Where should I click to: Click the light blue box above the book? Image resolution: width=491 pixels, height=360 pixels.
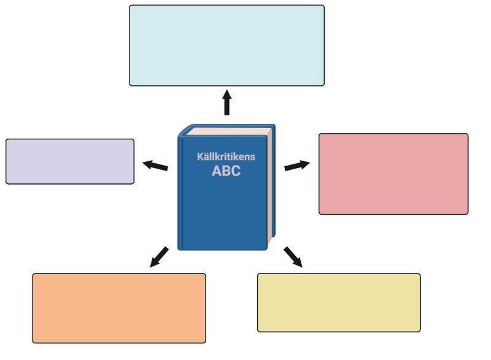(226, 45)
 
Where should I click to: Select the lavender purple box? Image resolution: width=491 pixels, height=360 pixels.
(70, 161)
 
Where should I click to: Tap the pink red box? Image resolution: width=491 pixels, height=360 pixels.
(393, 174)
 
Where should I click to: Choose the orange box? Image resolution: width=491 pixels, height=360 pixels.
(119, 308)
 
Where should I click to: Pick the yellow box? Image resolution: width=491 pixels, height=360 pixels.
(339, 302)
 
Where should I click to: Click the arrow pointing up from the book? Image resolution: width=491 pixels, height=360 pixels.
(226, 103)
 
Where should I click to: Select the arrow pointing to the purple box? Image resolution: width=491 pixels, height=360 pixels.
(155, 165)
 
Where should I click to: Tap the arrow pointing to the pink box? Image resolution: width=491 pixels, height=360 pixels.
(297, 165)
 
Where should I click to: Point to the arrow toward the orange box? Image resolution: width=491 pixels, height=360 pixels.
(159, 256)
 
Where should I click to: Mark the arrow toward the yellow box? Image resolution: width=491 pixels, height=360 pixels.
(293, 257)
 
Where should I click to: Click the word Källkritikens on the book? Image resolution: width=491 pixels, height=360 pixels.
(226, 157)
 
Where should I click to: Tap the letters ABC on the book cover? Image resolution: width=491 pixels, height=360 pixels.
(226, 171)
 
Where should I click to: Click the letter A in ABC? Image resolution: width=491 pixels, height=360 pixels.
(217, 171)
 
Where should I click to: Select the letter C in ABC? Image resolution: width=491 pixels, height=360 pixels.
(236, 171)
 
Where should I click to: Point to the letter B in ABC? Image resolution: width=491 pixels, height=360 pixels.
(226, 171)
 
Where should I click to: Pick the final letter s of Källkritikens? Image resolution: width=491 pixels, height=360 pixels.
(253, 158)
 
